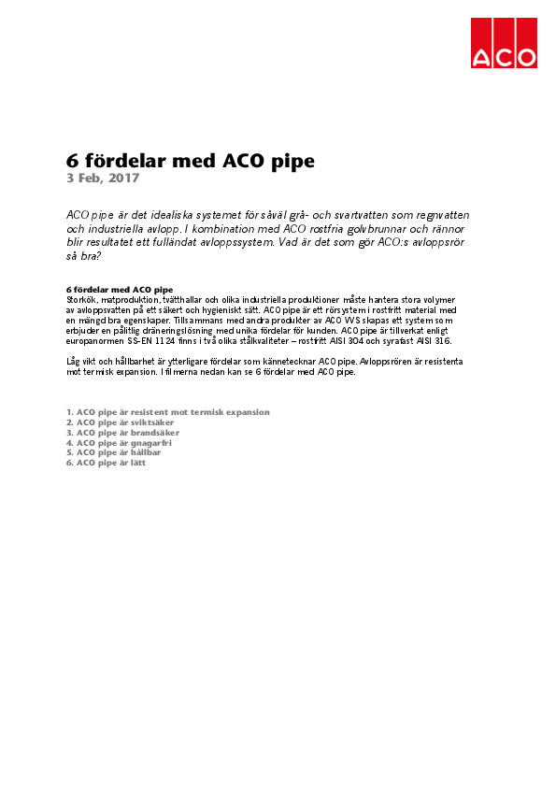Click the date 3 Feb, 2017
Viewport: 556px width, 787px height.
pyautogui.click(x=103, y=178)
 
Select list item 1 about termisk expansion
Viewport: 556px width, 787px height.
pyautogui.click(x=168, y=412)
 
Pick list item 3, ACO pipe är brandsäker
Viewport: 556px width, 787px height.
pyautogui.click(x=123, y=433)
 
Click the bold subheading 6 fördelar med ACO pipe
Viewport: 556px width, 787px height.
pyautogui.click(x=120, y=290)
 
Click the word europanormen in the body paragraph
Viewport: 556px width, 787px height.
pyautogui.click(x=100, y=341)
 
